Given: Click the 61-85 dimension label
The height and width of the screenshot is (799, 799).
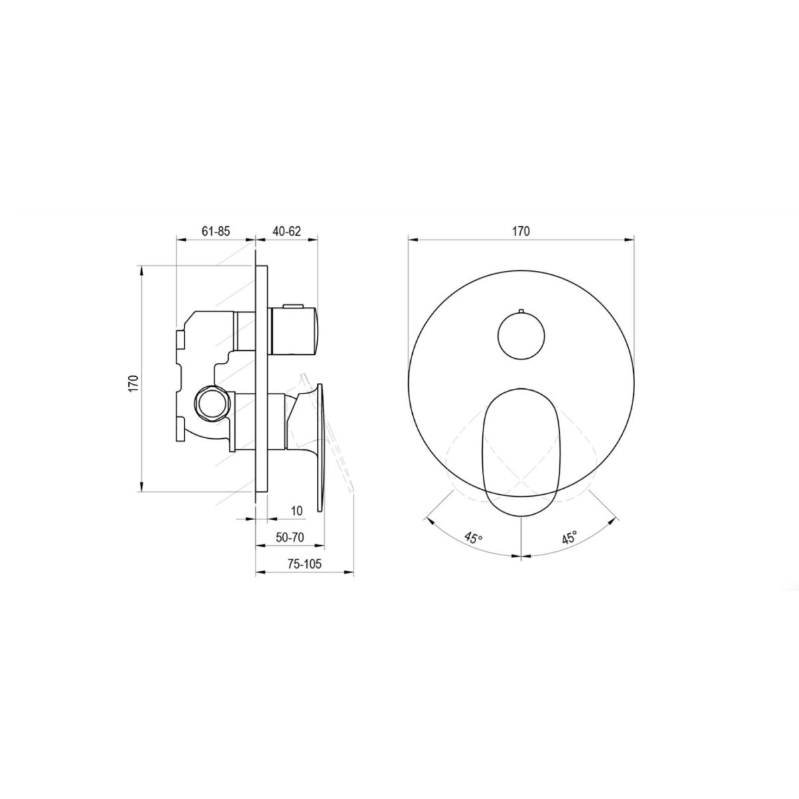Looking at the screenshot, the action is pos(216,231).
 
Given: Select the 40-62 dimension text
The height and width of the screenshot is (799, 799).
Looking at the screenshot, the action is pos(286,231).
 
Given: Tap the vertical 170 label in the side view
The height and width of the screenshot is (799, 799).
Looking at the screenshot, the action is pos(133,384).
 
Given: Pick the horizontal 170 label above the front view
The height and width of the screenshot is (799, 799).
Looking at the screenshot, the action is pos(521,231).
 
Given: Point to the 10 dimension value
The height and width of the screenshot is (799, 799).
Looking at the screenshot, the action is pos(297,511).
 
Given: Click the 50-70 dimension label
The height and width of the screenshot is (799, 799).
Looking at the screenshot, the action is pos(290,537).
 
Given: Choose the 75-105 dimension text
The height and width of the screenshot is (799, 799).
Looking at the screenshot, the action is pos(304,564).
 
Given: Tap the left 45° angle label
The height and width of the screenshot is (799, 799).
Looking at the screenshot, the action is pos(473,538).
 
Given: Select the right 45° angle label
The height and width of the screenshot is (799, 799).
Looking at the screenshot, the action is pos(570,538).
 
